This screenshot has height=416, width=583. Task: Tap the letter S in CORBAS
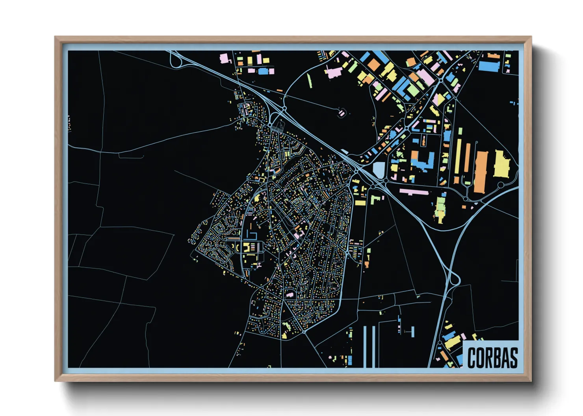513,358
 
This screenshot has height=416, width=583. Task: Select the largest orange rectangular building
481,172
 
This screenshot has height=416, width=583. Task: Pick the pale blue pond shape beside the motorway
378,170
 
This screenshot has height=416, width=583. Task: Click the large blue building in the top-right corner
489,65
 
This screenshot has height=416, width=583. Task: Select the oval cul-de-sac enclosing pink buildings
342,113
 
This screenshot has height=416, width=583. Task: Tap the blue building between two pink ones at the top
262,71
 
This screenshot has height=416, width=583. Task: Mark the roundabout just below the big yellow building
500,184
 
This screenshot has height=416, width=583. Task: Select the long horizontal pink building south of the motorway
414,192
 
